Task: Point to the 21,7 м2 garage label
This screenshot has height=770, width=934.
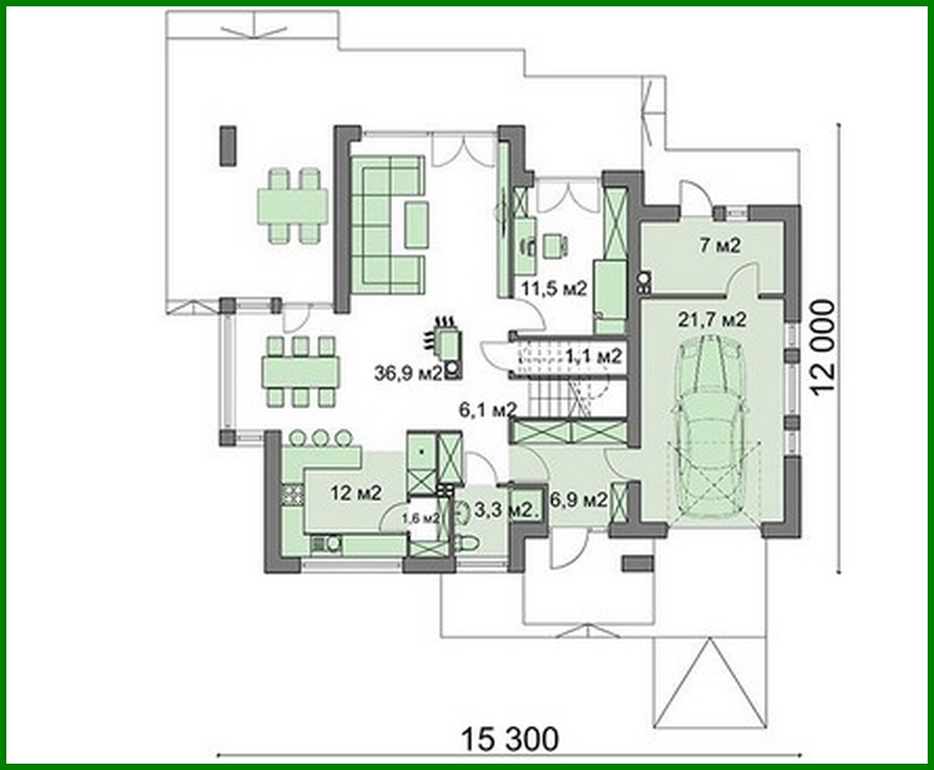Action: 712,320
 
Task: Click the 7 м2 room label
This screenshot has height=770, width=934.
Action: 720,245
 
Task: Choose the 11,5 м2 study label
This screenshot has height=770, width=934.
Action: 552,288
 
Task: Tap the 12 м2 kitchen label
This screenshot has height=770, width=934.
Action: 355,493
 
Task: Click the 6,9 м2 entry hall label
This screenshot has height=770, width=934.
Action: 579,500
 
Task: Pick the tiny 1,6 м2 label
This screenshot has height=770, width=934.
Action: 420,518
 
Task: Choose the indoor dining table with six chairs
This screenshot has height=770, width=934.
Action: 302,372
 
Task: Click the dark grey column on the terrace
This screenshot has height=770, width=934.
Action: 227,145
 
